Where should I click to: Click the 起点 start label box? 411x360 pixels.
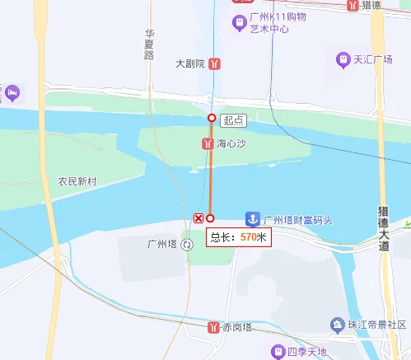[x=233, y=120]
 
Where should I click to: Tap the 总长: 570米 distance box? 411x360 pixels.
[x=238, y=237]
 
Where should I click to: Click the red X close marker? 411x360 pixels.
[x=198, y=217]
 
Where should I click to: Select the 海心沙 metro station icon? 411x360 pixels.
[x=208, y=143]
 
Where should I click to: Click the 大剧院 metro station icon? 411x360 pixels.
[x=214, y=63]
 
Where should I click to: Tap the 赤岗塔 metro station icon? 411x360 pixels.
[x=214, y=327]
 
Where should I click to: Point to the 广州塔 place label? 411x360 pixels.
[x=161, y=244]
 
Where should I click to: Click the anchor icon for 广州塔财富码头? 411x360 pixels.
[x=253, y=220]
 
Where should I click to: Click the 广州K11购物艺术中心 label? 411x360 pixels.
[x=278, y=23]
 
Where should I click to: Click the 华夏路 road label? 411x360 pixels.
[x=149, y=44]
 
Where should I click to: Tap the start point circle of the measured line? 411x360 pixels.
[x=212, y=119]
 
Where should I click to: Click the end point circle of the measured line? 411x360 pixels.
[x=210, y=218]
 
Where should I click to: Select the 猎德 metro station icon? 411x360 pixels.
[x=352, y=5]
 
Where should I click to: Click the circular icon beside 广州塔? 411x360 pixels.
[x=188, y=244]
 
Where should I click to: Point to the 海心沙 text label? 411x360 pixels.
[x=231, y=143]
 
